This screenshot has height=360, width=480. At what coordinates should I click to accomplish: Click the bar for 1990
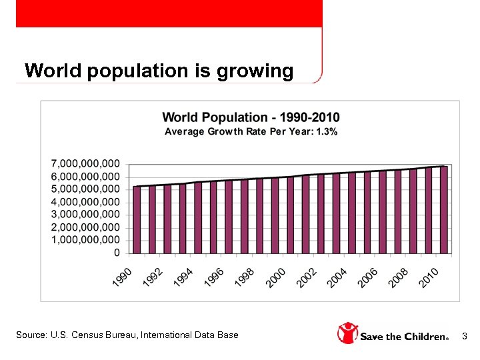tap(137, 220)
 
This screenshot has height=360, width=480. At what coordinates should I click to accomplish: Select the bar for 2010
tap(444, 210)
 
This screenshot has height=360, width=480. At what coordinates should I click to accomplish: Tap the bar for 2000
tap(290, 215)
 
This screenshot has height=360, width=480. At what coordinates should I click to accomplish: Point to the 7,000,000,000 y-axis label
tap(86, 163)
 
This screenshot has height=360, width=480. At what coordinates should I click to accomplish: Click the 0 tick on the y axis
tap(117, 253)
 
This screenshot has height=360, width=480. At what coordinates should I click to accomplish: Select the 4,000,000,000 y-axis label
tap(86, 201)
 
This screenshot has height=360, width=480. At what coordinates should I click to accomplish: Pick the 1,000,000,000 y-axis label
tap(86, 239)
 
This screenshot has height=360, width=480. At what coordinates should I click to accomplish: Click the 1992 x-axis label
tap(153, 277)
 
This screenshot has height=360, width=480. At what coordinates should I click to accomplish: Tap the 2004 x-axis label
tap(337, 277)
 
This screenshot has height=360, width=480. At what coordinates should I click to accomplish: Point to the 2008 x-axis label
tap(399, 277)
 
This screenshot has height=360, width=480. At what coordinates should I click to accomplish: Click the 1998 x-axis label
tap(245, 277)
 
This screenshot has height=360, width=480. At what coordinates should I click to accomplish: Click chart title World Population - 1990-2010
tap(251, 118)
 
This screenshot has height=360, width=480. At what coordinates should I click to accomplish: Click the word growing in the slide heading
tap(255, 71)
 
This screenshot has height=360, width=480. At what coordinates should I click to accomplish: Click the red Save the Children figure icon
tap(347, 333)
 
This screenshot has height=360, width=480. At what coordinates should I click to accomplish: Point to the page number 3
tap(465, 335)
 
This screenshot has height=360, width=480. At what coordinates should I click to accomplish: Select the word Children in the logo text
tap(421, 337)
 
